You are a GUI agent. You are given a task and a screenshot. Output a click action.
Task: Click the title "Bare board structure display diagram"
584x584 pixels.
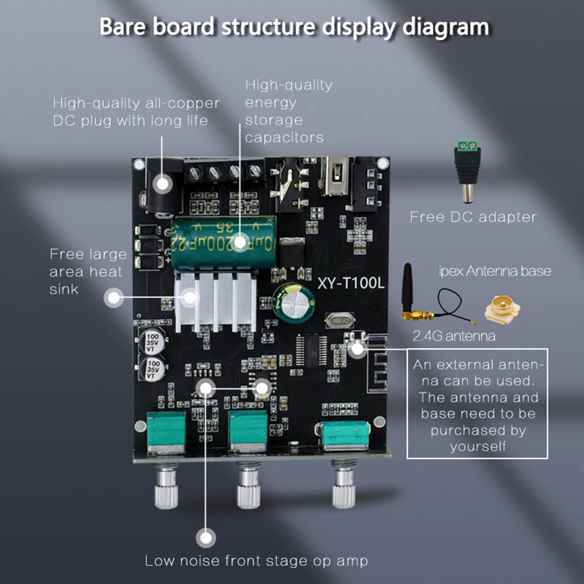[x=294, y=27]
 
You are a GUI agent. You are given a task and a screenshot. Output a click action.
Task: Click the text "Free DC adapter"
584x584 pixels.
[x=473, y=217]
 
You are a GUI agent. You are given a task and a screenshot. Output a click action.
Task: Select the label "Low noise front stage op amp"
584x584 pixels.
[x=257, y=561]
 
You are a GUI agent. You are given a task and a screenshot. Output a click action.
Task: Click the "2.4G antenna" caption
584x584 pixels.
[x=454, y=336]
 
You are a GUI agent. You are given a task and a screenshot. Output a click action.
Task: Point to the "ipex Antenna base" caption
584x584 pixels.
[x=495, y=271]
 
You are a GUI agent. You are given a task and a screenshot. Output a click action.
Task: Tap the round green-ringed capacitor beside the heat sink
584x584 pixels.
[x=295, y=300]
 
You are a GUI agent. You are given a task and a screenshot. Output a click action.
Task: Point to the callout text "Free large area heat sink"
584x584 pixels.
[x=88, y=271]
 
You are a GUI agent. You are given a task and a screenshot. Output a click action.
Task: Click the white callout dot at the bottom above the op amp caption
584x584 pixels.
[x=205, y=537]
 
